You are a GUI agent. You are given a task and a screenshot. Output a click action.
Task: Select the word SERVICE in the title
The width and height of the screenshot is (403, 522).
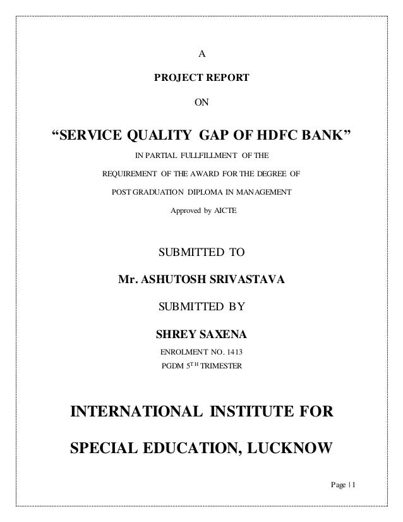click(x=92, y=135)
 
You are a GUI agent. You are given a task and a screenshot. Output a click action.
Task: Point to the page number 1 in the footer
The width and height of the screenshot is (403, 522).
click(x=355, y=485)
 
